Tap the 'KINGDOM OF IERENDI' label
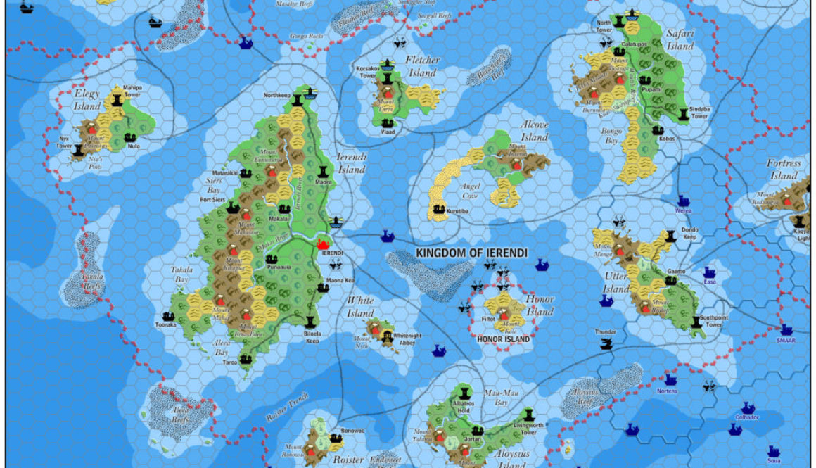tap(461, 253)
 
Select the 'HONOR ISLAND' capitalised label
tap(503, 339)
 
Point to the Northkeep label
tap(277, 95)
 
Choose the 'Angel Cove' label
tap(471, 191)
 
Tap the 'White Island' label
tap(360, 307)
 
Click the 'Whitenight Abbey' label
tap(407, 339)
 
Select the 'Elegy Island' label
tap(87, 100)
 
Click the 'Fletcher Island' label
tap(423, 67)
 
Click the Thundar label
tap(605, 331)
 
